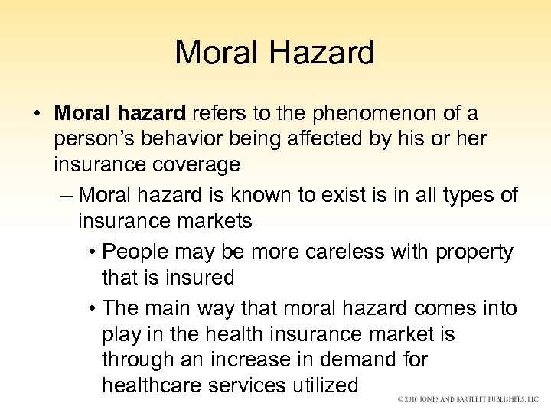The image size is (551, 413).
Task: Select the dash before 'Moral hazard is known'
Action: tap(66, 195)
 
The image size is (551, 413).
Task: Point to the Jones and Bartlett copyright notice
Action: tap(468, 398)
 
